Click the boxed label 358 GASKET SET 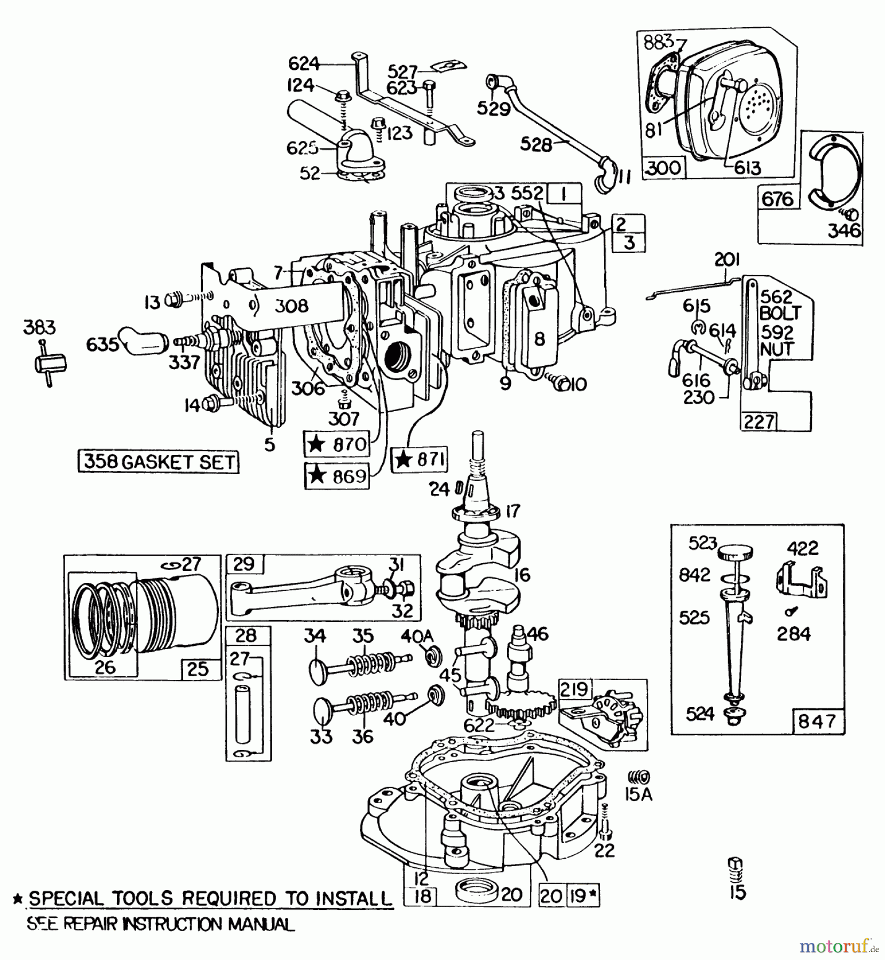coord(159,461)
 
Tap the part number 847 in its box coord(817,721)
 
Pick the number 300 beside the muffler coord(663,167)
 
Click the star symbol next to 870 coord(317,444)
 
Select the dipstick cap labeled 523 coord(734,553)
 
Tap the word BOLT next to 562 coord(780,314)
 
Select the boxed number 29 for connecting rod coord(244,564)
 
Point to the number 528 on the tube coord(535,144)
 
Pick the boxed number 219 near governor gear coord(573,689)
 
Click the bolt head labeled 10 coord(561,385)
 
